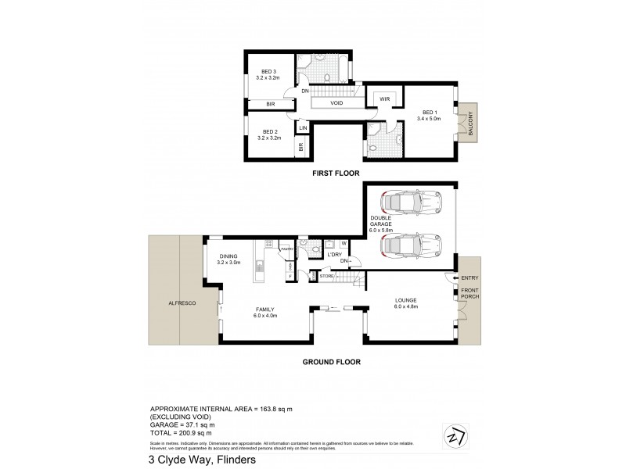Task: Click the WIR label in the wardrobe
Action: [384, 99]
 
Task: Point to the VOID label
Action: [337, 102]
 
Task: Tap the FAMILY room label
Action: [266, 310]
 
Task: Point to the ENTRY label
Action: [470, 277]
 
